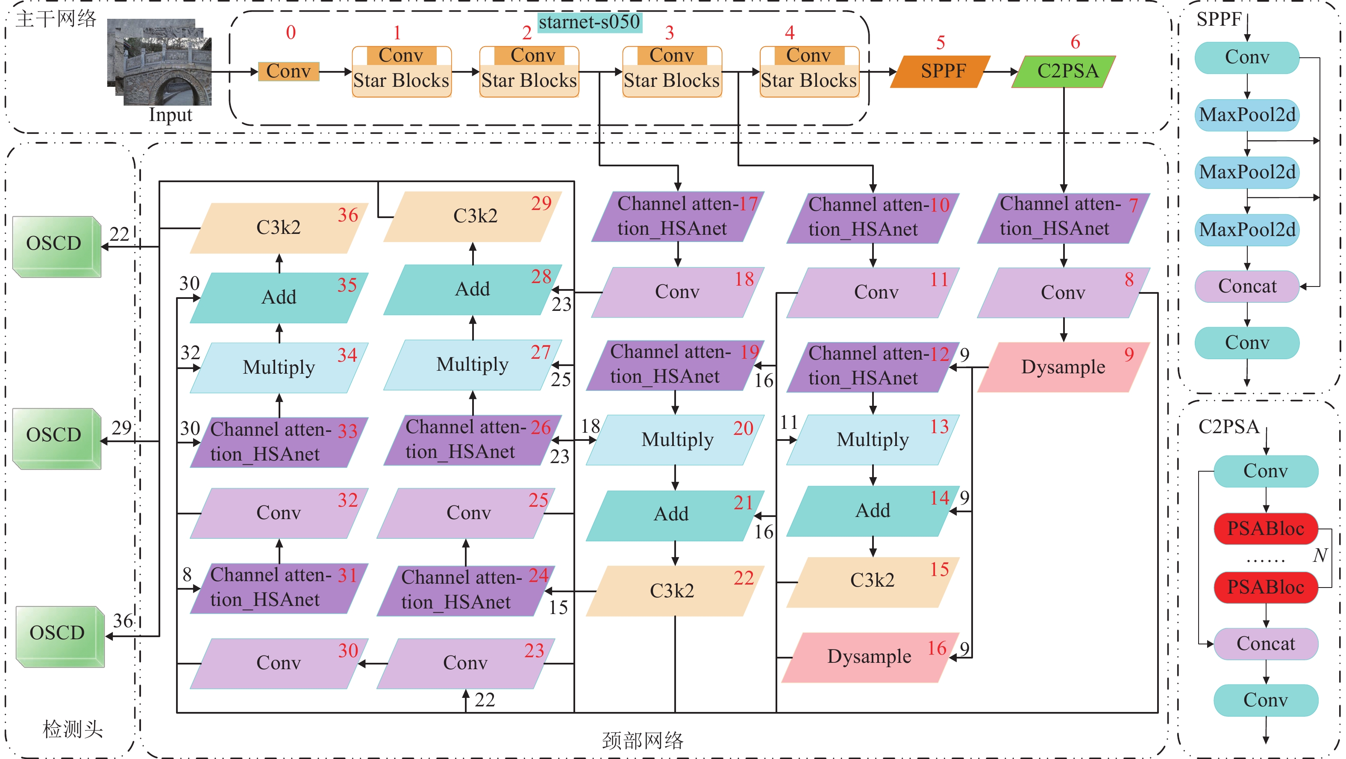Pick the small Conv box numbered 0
(x=288, y=71)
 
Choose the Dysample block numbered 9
(x=1063, y=367)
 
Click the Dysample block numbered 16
(x=870, y=657)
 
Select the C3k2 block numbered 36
(x=279, y=228)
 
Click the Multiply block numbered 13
(x=873, y=440)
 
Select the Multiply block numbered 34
(x=279, y=367)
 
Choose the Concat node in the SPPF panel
(x=1247, y=286)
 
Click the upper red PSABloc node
(x=1266, y=529)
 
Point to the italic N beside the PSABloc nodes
(x=1320, y=555)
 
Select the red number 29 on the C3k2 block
(x=541, y=204)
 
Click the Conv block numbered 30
(x=279, y=663)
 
